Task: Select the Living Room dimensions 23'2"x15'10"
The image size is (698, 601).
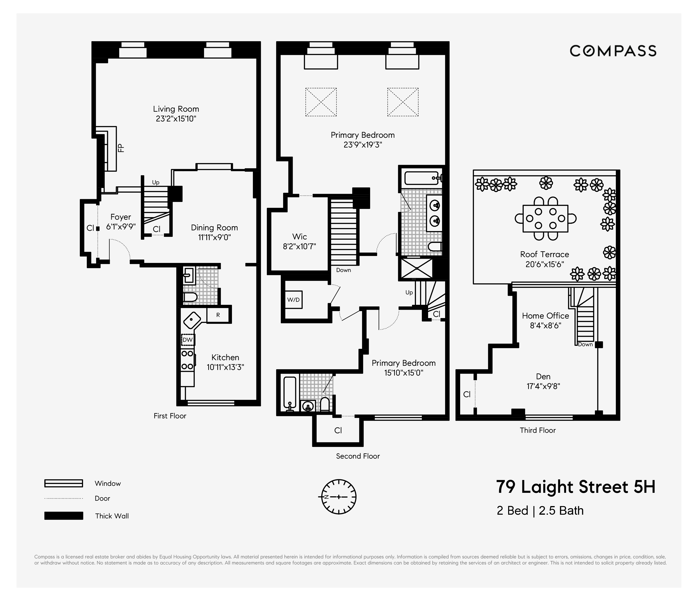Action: (x=176, y=119)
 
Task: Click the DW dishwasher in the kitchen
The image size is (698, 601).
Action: (x=187, y=339)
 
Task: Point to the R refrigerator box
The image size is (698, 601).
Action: (x=218, y=315)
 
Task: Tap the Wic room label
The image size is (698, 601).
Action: (x=299, y=236)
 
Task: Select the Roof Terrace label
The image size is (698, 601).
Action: (x=544, y=254)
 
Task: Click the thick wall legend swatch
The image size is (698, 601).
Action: (x=64, y=516)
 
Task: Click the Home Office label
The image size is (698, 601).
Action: (x=545, y=316)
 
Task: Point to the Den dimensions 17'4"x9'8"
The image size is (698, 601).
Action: (x=543, y=386)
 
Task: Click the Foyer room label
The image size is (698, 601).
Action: (x=121, y=217)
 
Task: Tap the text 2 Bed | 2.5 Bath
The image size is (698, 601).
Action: (x=540, y=511)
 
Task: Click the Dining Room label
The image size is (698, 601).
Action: (x=214, y=228)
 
